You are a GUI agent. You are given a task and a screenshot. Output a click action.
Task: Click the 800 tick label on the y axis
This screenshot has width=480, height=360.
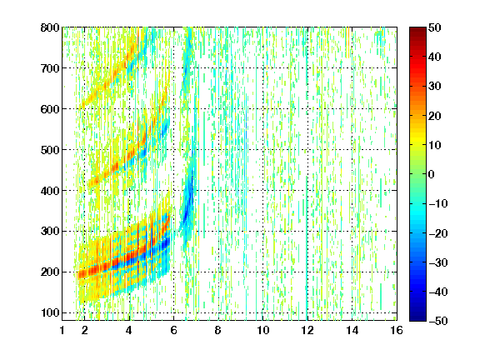coord(50,27)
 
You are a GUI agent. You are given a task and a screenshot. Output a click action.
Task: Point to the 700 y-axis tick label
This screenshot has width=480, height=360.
coord(50,68)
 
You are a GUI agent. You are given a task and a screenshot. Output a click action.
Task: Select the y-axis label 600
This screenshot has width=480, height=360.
coord(50,109)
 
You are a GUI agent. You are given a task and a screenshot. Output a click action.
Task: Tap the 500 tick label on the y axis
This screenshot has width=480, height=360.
coord(50,150)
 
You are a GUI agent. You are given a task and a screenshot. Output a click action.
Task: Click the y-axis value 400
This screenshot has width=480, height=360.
coord(50,191)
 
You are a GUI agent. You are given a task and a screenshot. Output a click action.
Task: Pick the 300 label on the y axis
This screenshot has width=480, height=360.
coord(50,232)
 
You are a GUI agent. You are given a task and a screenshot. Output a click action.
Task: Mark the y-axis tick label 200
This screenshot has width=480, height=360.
coord(50,272)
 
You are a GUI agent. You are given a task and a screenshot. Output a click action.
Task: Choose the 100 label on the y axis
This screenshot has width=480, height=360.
coord(50,312)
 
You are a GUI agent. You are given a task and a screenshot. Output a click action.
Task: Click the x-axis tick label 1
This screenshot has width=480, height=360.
coord(62,330)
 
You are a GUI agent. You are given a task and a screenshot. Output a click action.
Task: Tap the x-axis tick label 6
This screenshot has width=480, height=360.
coord(174,330)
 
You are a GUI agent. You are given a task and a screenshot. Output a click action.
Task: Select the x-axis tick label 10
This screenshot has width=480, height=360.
coord(263,330)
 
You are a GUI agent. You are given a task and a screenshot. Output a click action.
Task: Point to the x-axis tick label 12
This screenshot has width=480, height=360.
coord(307,330)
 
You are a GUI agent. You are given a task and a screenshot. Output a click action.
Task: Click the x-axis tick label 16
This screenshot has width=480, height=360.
coord(397,330)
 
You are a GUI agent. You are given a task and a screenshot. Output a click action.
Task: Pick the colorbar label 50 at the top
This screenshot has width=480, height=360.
coord(435,27)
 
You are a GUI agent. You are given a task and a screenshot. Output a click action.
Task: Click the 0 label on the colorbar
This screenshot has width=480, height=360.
coord(432,174)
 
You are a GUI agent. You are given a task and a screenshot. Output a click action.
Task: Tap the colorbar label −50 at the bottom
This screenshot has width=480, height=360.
coord(438,321)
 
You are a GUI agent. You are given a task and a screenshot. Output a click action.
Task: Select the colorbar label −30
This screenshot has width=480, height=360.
coord(438,262)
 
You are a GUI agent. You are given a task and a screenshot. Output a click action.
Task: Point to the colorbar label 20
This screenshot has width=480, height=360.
coord(435,116)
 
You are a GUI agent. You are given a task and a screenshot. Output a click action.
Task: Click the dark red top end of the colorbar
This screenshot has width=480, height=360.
coord(417,29)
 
